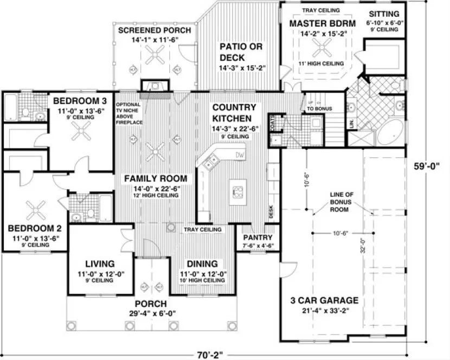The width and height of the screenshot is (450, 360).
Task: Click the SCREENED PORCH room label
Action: click(x=154, y=30)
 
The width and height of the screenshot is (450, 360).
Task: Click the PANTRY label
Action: click(x=257, y=237)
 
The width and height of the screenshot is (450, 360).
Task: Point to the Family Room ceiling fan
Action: click(x=157, y=147)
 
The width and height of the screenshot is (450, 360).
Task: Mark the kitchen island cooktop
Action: click(x=237, y=191)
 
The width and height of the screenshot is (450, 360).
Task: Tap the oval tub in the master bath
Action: click(x=389, y=132)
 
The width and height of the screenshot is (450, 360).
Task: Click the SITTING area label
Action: click(x=383, y=14)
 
